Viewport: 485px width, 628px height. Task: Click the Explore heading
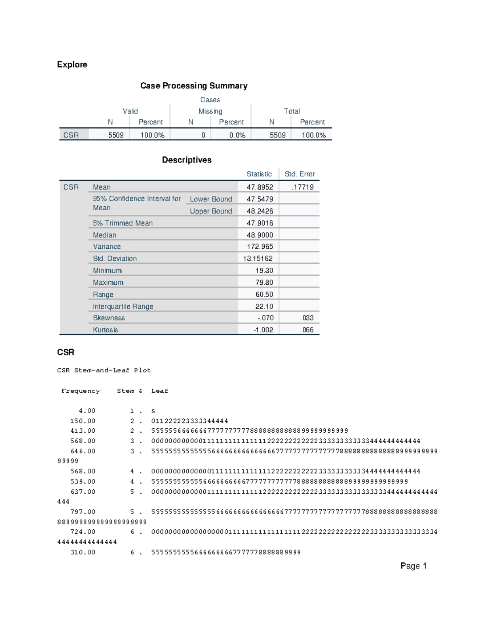pos(72,65)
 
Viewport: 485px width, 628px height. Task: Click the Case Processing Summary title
pos(194,86)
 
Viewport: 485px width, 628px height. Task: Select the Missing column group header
pos(210,111)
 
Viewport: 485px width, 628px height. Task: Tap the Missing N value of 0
pos(203,135)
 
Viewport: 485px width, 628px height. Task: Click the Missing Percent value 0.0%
pos(237,135)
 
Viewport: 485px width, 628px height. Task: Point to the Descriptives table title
pos(186,160)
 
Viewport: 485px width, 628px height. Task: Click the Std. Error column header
pos(299,174)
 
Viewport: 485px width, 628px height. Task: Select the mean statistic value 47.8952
pos(259,187)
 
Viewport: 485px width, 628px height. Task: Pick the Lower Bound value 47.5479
pos(259,199)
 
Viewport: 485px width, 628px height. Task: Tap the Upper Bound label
pos(211,211)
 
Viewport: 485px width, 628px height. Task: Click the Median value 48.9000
pos(259,235)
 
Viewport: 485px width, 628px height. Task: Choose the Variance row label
pos(107,247)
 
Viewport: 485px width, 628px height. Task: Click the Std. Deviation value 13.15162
pos(257,258)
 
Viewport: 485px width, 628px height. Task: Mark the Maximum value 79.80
pos(264,282)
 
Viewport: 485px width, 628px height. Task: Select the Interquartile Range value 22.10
pos(264,307)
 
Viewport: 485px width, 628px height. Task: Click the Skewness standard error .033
pos(307,318)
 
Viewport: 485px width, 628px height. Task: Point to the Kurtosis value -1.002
pos(263,330)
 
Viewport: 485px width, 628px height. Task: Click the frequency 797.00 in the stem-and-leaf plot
pos(83,512)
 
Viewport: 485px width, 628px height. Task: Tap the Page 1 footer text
pos(413,566)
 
